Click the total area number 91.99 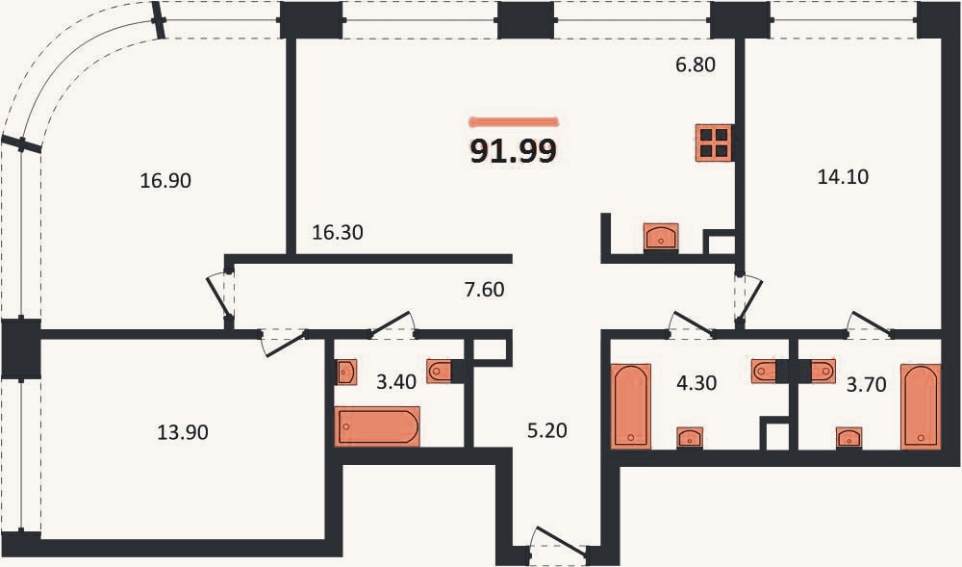[513, 151]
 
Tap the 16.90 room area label [165, 180]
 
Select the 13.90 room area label [183, 432]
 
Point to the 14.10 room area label [843, 177]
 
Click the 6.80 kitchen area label [696, 64]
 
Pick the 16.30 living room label [338, 233]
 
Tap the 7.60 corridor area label [485, 289]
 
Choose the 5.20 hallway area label [547, 430]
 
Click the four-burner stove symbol [714, 143]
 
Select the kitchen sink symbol [661, 236]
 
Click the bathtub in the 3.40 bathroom [377, 425]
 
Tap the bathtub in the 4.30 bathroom [631, 406]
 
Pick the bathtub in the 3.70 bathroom [921, 406]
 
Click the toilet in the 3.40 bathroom [439, 371]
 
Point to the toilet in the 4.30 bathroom [764, 372]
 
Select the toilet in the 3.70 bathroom [823, 372]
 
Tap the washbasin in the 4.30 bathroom [690, 437]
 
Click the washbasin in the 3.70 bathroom [849, 437]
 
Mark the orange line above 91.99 [514, 121]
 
